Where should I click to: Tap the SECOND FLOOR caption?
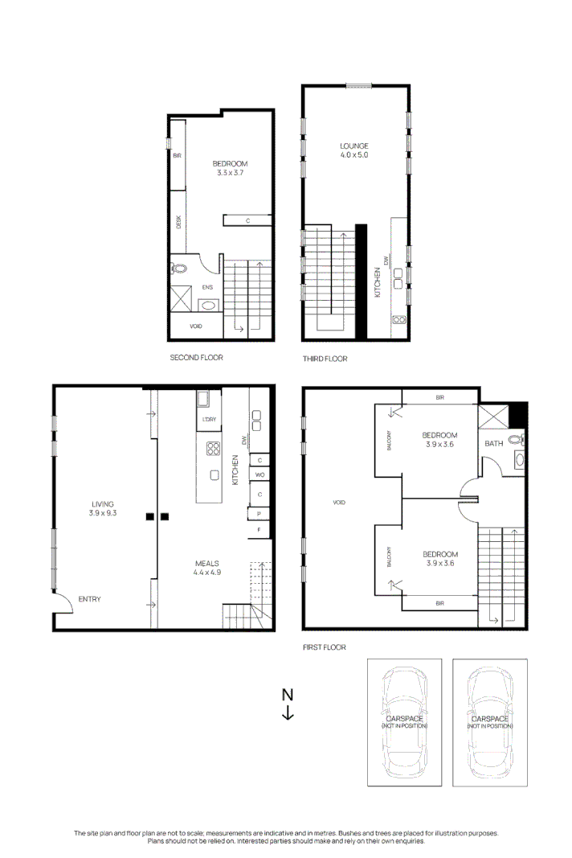(x=196, y=357)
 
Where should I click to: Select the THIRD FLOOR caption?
(x=325, y=359)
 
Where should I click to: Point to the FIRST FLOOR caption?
(x=325, y=647)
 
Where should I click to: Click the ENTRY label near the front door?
(x=89, y=599)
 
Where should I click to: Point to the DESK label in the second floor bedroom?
(x=178, y=223)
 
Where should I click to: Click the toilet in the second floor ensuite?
(x=179, y=270)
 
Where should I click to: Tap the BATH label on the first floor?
(x=492, y=443)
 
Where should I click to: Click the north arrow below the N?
(x=288, y=713)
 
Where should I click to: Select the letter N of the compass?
(x=288, y=695)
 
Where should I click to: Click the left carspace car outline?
(x=405, y=721)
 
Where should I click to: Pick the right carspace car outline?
(x=490, y=721)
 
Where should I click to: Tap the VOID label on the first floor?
(x=338, y=503)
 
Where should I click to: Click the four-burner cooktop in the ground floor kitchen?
(x=214, y=449)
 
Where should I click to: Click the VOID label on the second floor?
(x=195, y=326)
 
